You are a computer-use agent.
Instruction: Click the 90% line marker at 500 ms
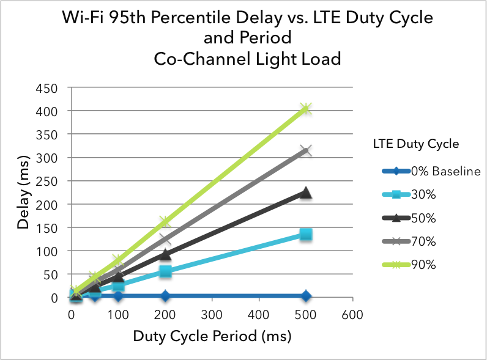tap(306, 109)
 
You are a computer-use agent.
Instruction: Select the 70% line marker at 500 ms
tap(306, 150)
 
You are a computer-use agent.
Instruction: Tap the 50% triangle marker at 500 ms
tap(306, 193)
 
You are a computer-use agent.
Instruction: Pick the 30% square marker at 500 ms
tap(306, 234)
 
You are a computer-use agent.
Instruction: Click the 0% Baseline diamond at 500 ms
tap(306, 296)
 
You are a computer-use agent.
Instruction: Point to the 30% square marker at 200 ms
tap(165, 271)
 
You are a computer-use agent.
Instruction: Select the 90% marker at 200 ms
tap(165, 221)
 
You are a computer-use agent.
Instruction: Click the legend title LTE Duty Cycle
tap(415, 145)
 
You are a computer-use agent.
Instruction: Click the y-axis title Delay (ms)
tap(24, 192)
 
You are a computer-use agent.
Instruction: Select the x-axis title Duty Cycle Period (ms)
tap(212, 336)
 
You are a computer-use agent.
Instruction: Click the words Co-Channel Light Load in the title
tap(247, 59)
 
